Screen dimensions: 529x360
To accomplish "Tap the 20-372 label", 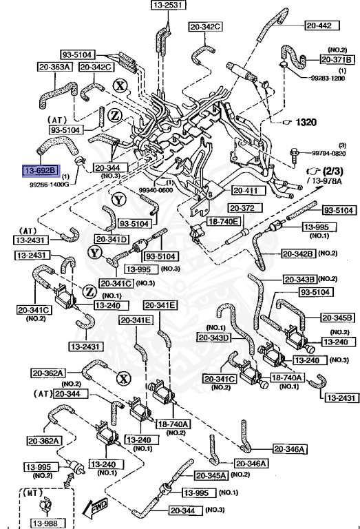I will [242, 207].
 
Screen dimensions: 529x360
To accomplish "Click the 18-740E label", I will [226, 221].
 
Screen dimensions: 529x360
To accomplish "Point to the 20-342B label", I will [298, 253].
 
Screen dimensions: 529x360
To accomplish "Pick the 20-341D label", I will [114, 239].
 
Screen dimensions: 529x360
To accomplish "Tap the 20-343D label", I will [214, 338].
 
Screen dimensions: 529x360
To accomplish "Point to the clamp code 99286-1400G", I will [49, 185].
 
